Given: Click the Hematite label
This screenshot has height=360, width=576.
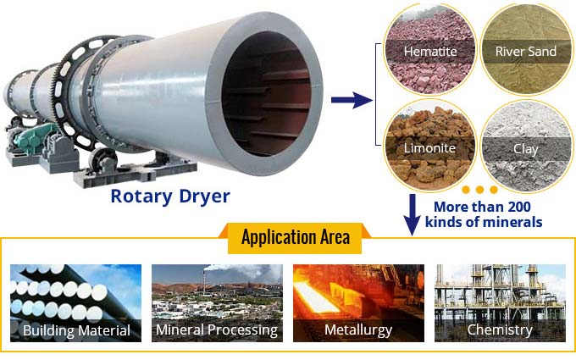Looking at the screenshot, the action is coord(430,52).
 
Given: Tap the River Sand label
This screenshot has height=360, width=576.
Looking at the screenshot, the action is coord(526,52).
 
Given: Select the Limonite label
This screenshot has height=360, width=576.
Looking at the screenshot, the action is coord(429,148).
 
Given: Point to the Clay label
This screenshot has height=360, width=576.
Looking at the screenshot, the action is coord(526,149).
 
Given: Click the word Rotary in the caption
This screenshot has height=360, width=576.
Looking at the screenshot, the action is coord(141,197).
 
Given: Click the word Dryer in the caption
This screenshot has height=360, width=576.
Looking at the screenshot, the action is coord(205,197).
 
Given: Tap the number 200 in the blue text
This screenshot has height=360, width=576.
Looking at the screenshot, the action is coord(517,207).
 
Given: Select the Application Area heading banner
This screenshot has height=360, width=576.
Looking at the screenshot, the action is coord(295,237).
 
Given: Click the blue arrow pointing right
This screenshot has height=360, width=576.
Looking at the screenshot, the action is coord(352,100).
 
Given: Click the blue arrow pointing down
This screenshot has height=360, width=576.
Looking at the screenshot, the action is coord(413,215).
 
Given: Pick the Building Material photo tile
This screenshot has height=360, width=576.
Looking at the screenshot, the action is coord(75,303).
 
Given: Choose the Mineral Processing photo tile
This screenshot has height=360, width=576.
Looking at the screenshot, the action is coord(217,303).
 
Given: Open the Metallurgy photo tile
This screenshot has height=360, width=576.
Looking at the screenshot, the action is coord(358,303).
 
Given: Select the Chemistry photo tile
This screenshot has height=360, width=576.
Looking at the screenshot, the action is coord(500,303).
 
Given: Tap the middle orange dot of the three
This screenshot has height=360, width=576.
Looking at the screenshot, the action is coord(479,190).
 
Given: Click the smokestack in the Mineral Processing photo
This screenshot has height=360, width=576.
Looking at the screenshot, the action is coord(204,279).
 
